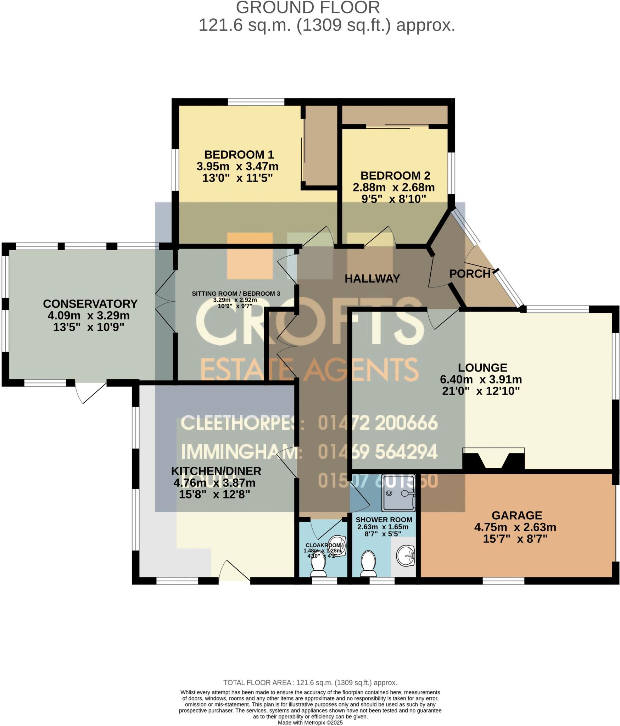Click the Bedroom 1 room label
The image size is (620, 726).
point(239,155)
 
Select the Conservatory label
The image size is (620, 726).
point(90,303)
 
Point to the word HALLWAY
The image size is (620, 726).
point(372,279)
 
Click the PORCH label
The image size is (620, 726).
point(470,274)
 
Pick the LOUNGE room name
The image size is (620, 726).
point(482,367)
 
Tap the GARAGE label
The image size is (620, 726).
point(516,515)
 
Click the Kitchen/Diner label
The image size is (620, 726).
point(216,471)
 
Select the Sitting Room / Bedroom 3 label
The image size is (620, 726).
point(236,294)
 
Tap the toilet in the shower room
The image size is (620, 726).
point(368,564)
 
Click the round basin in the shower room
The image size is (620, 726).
point(405,555)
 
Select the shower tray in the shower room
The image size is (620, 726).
point(398,493)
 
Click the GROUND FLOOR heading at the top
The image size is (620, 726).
point(308,8)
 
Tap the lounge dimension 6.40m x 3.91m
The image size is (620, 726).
point(481,379)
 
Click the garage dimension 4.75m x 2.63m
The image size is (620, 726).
point(515,527)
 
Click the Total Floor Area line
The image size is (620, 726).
point(310,682)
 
